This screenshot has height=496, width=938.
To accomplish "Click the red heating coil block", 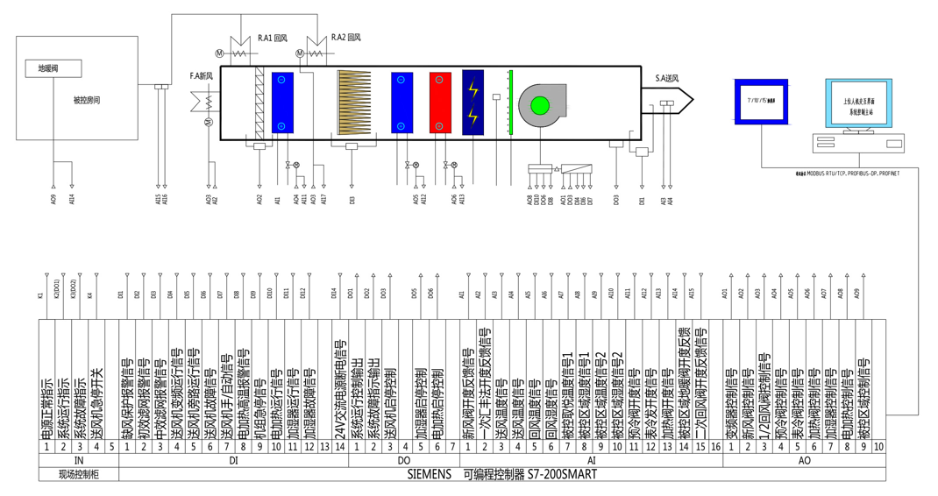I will pos(440,103).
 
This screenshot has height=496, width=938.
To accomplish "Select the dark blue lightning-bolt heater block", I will pos(473,103).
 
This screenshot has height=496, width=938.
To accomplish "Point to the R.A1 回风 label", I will pos(273,39).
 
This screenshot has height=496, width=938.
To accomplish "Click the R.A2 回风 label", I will pos(346,39).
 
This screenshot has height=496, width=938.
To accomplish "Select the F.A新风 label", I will pos(202,76).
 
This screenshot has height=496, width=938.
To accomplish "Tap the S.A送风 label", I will pos(668,79).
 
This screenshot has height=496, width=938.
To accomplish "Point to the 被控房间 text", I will pos(87,100).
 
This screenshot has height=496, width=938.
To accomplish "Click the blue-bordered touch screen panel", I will pos(760,101).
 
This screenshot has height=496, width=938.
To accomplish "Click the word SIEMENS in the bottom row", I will pos(429,474).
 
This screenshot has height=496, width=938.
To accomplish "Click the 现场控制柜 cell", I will pos(78,474).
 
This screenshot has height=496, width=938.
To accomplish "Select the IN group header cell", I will pos(78,460).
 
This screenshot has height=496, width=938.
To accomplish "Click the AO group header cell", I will pos(804,460).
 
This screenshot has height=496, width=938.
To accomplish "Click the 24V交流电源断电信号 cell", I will pos(338,386).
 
